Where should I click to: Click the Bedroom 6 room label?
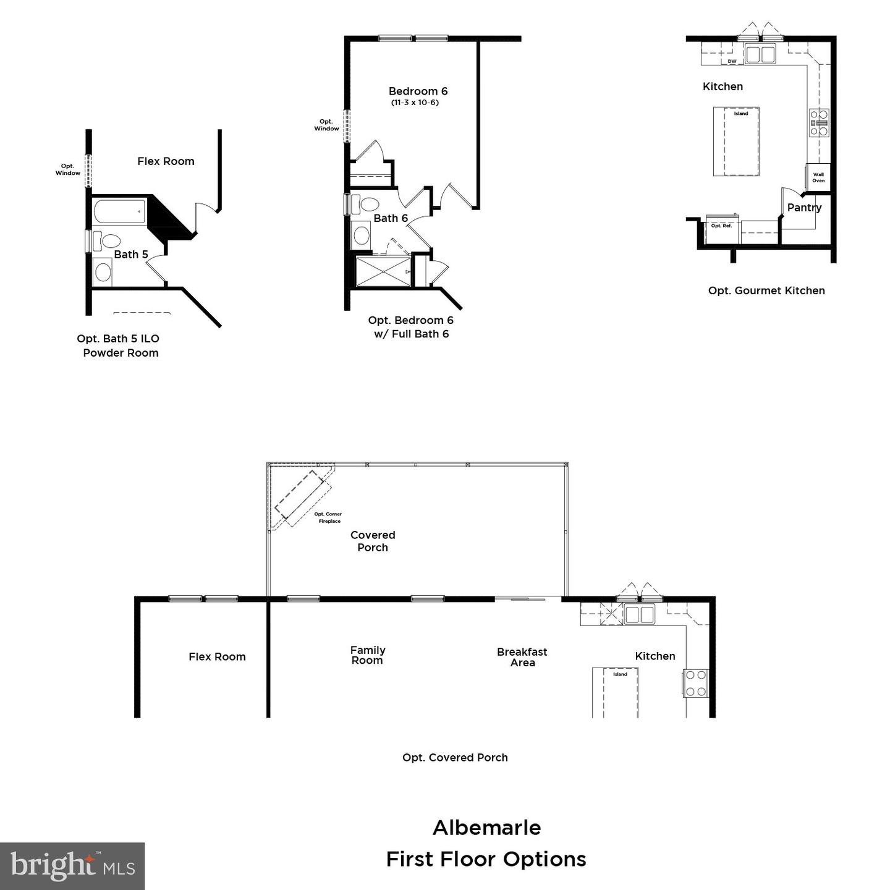418,91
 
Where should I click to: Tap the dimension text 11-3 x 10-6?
415,103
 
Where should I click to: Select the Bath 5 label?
131,255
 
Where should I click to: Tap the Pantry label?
804,208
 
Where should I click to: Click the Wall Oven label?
818,177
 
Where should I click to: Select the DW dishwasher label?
732,61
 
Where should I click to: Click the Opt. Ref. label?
721,226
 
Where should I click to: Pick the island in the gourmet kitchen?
736,142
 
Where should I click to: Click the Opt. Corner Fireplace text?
328,517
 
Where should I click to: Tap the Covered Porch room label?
373,541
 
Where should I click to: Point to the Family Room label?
368,655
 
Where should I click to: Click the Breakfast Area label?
522,657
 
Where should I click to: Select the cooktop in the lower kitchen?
696,683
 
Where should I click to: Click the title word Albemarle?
486,828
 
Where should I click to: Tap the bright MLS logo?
72,866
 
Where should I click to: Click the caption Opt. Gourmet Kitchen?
766,290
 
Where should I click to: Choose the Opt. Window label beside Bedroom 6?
326,125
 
